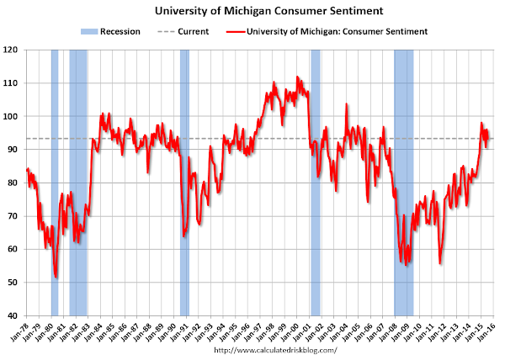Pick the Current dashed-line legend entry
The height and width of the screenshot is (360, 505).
point(182,32)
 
